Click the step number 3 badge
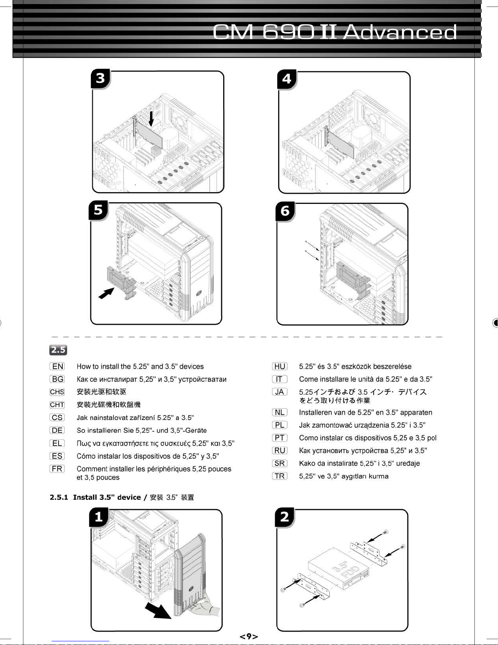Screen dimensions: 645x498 [100, 78]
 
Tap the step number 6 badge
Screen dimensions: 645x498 [285, 211]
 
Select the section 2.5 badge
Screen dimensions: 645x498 [58, 350]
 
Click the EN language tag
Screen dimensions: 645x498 [57, 366]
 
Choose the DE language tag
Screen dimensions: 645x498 [57, 430]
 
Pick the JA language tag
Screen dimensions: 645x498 [280, 392]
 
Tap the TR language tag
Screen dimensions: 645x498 [280, 476]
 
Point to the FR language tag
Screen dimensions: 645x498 [57, 469]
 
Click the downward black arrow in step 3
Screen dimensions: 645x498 [151, 118]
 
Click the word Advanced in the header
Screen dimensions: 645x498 [400, 33]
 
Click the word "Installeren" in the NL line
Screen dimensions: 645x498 [315, 412]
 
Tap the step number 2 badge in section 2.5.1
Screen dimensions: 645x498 [285, 517]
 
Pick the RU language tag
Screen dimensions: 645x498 [280, 450]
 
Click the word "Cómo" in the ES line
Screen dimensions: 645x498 [86, 456]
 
